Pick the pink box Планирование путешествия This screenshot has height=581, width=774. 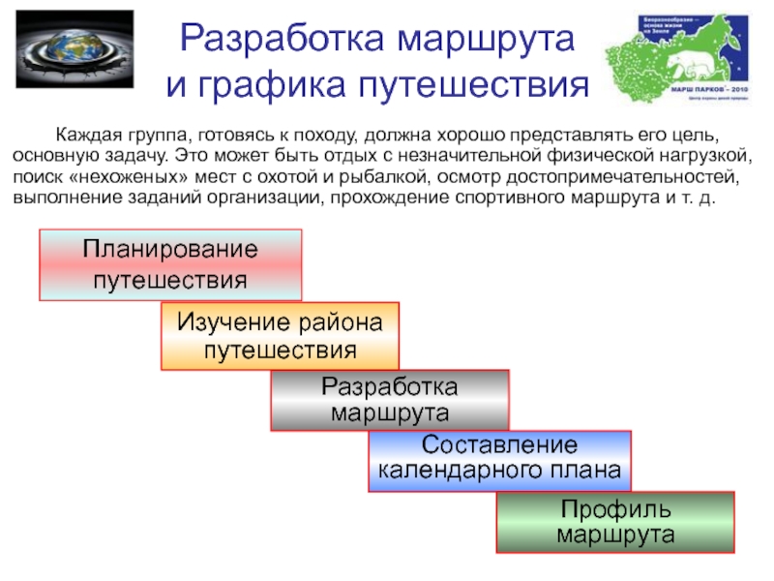[x=170, y=264]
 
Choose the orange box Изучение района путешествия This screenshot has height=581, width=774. [x=280, y=335]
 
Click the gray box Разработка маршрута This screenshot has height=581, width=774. [x=390, y=400]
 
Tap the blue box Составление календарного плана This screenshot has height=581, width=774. [x=499, y=461]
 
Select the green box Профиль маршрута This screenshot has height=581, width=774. [x=615, y=522]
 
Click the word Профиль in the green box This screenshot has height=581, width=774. [x=615, y=509]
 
